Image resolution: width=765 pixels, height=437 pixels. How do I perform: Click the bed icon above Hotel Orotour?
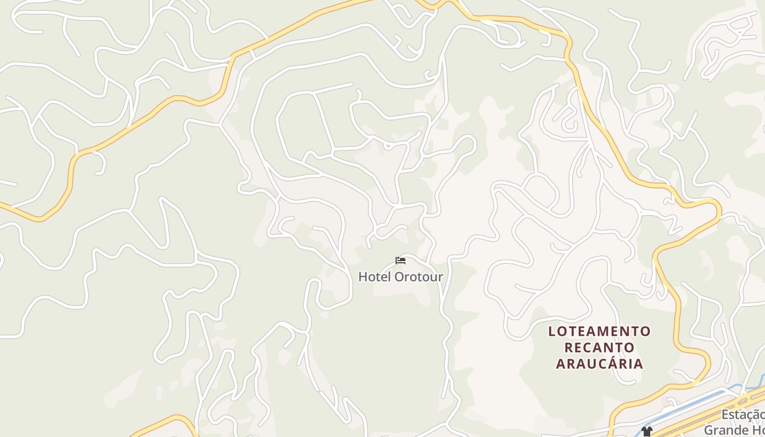click(x=401, y=261)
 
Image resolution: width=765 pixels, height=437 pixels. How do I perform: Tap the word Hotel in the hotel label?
click(x=374, y=277)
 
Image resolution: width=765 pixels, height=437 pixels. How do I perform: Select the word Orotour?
click(x=419, y=277)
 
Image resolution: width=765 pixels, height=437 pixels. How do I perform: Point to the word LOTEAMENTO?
click(x=599, y=332)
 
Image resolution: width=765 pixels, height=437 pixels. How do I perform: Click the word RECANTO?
click(x=599, y=348)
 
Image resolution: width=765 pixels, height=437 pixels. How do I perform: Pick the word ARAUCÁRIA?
click(x=599, y=364)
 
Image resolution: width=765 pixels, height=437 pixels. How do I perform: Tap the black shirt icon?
click(x=647, y=432)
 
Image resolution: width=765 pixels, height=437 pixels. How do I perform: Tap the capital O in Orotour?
click(x=399, y=277)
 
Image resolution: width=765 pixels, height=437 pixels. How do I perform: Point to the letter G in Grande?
click(x=709, y=430)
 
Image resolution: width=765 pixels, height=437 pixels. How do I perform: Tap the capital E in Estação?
click(x=725, y=416)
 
